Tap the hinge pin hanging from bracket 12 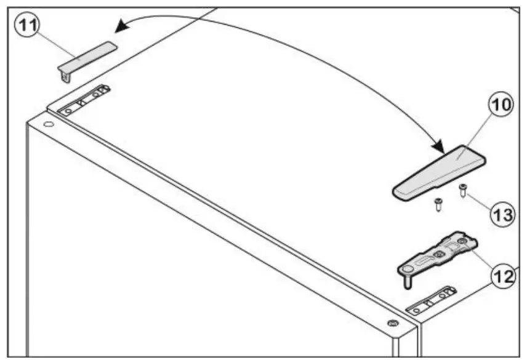pos(407,280)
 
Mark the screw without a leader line pos(438,205)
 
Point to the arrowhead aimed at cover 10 pos(440,148)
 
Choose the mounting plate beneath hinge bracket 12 pos(432,298)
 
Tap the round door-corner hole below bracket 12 pos(392,322)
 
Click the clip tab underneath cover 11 pos(65,75)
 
